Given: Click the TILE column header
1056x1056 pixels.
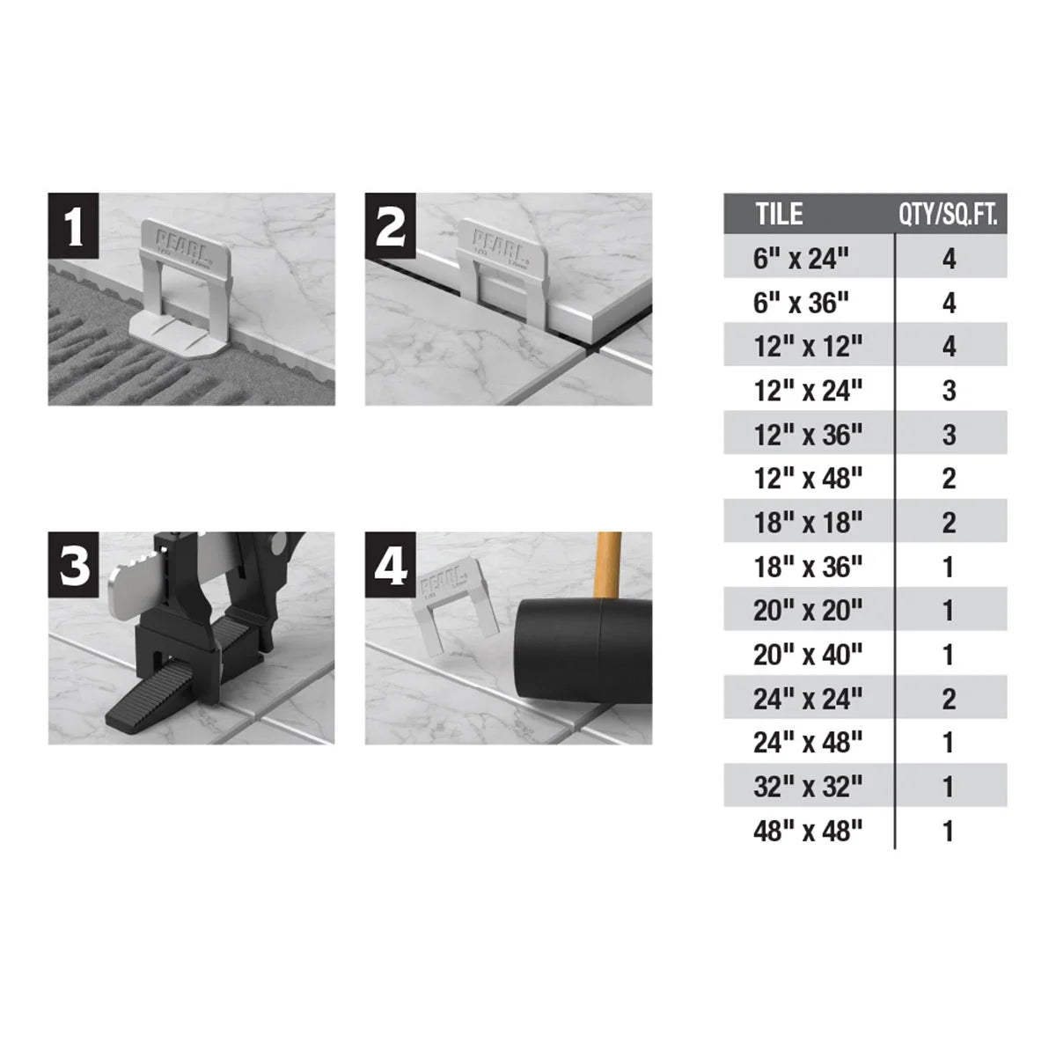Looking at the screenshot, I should pos(780,215).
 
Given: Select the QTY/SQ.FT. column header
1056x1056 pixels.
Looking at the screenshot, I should pos(948,215).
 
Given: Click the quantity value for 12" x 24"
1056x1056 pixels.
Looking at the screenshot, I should pos(949,391).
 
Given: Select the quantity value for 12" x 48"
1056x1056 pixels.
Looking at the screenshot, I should pos(949,479).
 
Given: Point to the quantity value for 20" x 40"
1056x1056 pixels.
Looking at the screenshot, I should pos(949,655).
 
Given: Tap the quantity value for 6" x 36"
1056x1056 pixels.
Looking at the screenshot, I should pos(949,303).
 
